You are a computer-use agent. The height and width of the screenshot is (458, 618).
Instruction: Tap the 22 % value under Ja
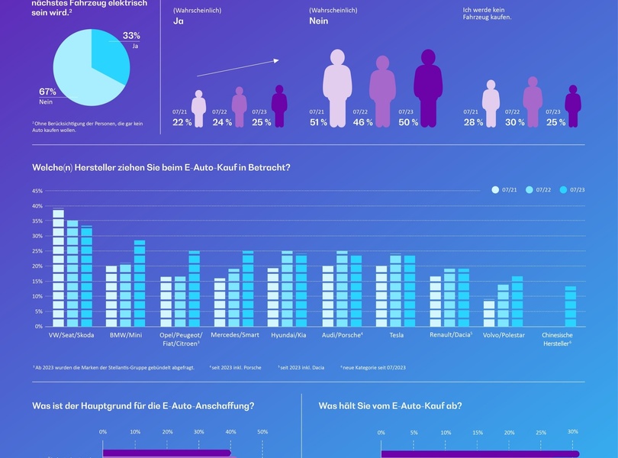[x=182, y=122]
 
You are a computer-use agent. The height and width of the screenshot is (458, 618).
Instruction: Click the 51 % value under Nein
[x=318, y=122]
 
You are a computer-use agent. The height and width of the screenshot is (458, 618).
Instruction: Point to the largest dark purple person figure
[x=428, y=88]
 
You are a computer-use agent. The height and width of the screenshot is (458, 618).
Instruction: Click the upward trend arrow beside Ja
[x=237, y=67]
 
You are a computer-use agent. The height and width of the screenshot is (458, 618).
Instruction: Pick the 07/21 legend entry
[x=506, y=190]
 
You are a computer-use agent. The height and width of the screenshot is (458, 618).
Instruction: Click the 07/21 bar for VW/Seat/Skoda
[x=59, y=268]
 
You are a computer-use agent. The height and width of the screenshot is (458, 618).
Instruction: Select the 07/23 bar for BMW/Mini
[x=140, y=283]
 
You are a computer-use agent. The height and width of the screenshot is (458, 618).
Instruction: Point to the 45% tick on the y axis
[x=37, y=191]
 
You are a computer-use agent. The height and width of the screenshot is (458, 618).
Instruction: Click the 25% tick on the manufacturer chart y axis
[x=37, y=251]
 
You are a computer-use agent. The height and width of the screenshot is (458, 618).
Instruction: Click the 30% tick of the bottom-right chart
[x=572, y=432]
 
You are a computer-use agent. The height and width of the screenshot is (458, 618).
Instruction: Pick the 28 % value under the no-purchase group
[x=472, y=122]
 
